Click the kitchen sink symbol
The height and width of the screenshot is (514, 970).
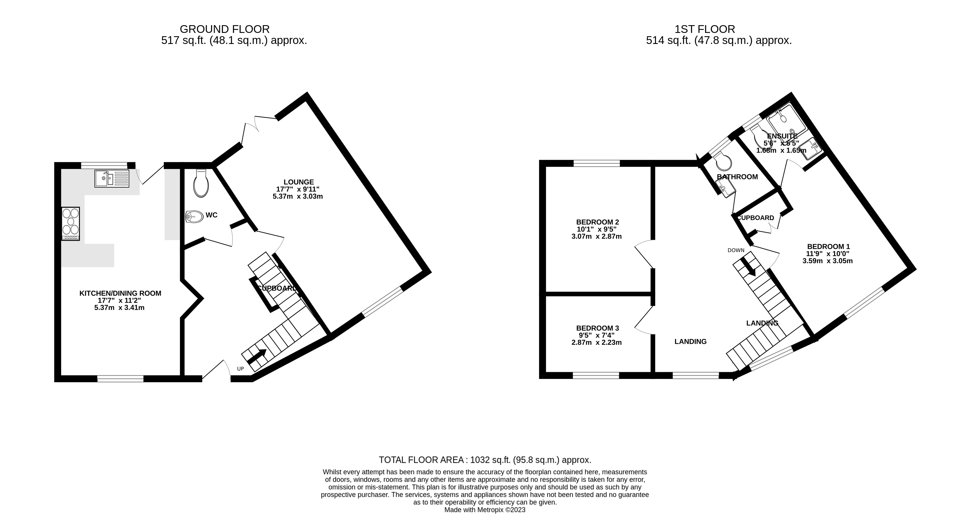pos(112,179)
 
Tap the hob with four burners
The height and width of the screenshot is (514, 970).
pos(71,224)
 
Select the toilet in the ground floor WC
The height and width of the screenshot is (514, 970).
pos(201,183)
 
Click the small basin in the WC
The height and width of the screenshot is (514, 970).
pos(194,216)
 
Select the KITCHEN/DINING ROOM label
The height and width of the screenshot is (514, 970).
pos(120,293)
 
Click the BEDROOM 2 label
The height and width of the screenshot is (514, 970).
pos(597,222)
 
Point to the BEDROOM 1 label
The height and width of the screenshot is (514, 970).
pos(828,247)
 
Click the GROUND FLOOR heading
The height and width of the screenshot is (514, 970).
pos(225,29)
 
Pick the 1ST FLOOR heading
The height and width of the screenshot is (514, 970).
pos(704,29)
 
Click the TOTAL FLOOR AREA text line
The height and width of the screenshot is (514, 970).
pos(485,460)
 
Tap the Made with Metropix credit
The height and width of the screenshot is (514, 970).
pos(485,510)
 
